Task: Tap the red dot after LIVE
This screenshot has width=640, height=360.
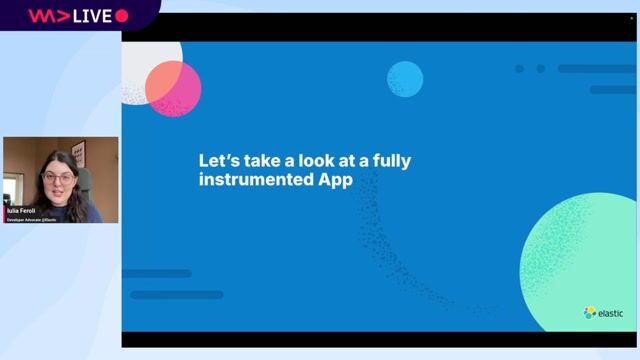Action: (122, 15)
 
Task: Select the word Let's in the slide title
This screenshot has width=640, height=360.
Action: (218, 160)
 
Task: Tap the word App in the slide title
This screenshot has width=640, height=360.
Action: (337, 180)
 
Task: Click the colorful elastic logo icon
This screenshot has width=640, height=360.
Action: (590, 313)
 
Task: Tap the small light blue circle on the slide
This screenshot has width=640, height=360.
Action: (405, 78)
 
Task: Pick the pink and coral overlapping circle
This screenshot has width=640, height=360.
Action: (173, 88)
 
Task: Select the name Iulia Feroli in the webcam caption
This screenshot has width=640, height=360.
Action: (21, 210)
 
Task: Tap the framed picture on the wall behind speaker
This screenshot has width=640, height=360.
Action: (78, 152)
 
